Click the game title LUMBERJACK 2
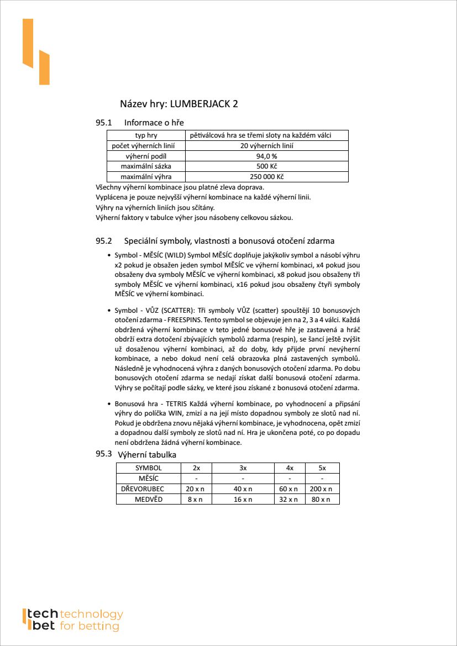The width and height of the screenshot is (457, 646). pos(204,104)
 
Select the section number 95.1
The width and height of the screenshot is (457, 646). pos(104,122)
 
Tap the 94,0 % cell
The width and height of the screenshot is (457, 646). pos(266,156)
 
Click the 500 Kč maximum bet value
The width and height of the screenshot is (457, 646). pos(266,166)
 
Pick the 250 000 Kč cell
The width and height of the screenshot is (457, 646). pos(266,177)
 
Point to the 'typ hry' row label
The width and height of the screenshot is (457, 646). pos(146,135)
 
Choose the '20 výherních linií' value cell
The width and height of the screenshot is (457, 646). pos(266,146)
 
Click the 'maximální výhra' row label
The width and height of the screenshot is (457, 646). pos(146,177)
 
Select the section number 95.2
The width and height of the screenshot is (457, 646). pos(104,241)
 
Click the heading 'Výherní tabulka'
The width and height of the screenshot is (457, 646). pos(147,455)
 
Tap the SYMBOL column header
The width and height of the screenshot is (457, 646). pos(149,468)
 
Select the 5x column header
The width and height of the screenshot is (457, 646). pos(322,468)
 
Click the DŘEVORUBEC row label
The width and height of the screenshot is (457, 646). pos(149,489)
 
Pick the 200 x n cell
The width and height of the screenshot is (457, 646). pos(322,489)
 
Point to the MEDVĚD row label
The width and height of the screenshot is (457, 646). pos(149,500)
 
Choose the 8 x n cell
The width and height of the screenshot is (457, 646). pos(196,500)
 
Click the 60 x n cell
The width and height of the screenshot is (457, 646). pos(290,489)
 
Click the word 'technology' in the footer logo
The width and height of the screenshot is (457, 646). pos(91,615)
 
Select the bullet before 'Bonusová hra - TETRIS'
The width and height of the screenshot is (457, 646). pos(109,404)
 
